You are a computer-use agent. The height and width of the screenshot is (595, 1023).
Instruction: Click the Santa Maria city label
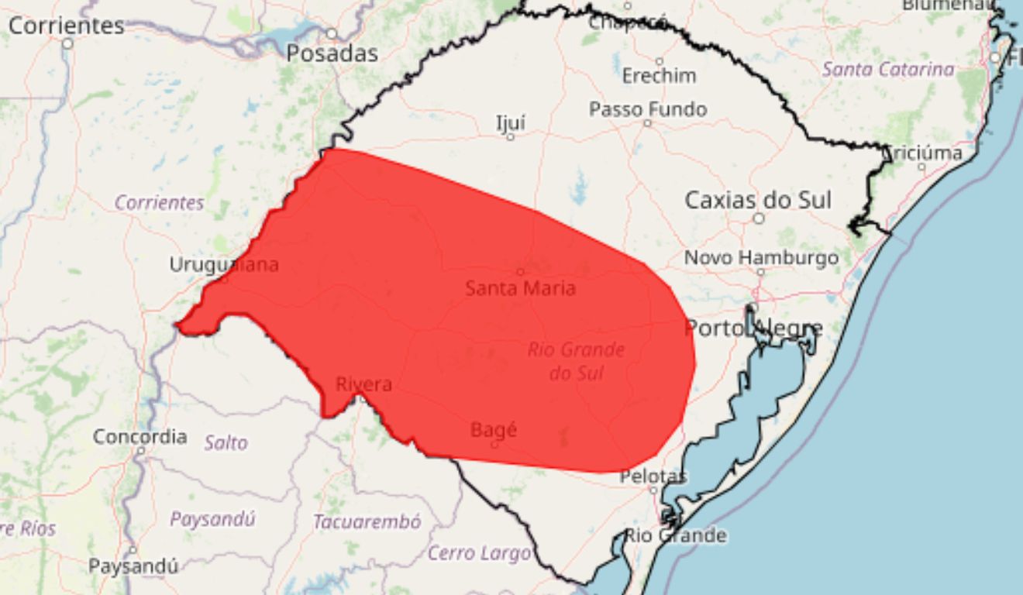tap(520, 289)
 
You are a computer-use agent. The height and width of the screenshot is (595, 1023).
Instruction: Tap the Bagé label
tap(494, 429)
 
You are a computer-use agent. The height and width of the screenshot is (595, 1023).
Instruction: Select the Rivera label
tap(363, 384)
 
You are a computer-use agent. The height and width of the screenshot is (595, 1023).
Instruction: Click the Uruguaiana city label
tap(224, 265)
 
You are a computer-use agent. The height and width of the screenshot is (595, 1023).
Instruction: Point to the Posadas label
tap(332, 53)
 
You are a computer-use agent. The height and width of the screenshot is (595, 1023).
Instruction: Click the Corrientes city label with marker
tap(67, 26)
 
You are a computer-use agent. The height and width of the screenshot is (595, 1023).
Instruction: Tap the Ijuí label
tap(510, 122)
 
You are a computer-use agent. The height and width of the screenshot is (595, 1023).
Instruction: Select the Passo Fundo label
tap(647, 109)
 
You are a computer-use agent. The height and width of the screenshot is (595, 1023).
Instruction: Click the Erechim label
tap(659, 76)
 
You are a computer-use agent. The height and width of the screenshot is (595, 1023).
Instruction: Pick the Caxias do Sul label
tap(757, 201)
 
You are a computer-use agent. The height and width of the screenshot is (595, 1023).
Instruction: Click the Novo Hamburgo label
tap(760, 257)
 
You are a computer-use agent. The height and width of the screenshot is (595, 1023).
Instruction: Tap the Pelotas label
tap(653, 476)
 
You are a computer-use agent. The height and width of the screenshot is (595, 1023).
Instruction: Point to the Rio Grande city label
tap(675, 535)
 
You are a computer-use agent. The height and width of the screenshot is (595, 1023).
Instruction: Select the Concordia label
tap(139, 437)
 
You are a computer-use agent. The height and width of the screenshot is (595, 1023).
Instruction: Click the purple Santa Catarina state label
tap(887, 69)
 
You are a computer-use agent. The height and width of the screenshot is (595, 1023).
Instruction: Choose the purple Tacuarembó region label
tap(367, 522)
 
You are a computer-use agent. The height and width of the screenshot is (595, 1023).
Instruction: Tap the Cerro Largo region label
tap(478, 553)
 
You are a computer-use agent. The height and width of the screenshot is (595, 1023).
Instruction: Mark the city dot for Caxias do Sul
tap(758, 218)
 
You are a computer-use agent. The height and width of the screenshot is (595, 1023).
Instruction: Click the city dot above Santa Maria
tap(520, 271)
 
